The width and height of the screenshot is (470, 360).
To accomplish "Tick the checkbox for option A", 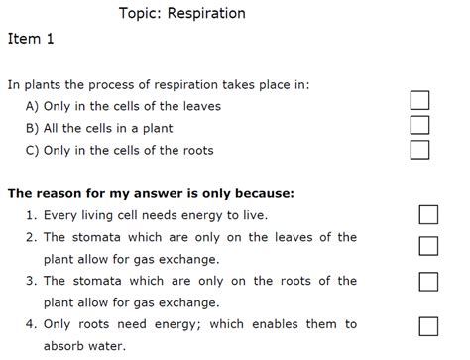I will tap(419, 100).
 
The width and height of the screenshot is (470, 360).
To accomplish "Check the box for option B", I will tap(419, 125).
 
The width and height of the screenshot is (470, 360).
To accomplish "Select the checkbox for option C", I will tap(419, 150).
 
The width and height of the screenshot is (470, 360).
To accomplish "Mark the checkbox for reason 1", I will tap(428, 216).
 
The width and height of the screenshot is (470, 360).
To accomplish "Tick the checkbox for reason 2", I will tap(428, 246).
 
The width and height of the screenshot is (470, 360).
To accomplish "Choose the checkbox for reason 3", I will tap(428, 282).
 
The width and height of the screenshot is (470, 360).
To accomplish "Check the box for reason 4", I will tap(428, 325).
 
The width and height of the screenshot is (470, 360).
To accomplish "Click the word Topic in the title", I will tap(138, 14).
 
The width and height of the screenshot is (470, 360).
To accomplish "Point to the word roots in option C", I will tap(195, 151).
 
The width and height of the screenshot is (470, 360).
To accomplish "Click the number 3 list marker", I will tap(32, 281).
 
